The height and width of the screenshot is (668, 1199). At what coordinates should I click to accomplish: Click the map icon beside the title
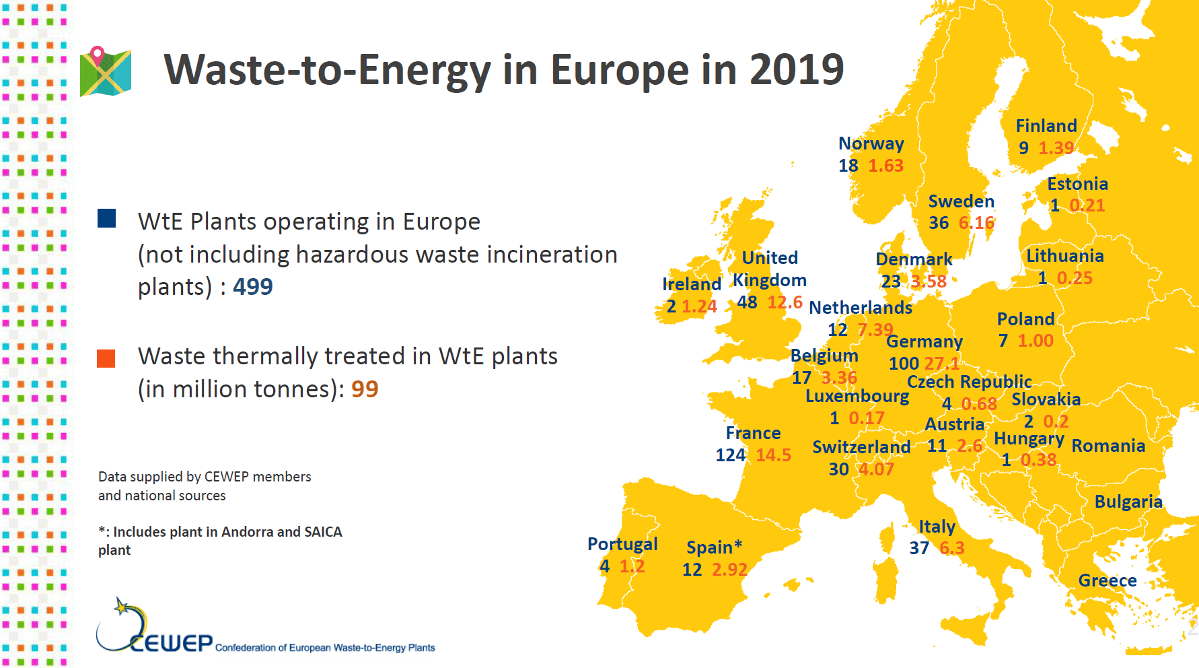click(x=106, y=72)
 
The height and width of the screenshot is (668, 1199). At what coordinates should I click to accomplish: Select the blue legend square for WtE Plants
click(x=107, y=218)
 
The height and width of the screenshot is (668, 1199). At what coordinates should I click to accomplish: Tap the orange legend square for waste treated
click(x=106, y=358)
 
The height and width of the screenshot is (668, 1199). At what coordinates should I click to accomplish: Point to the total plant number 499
click(x=252, y=287)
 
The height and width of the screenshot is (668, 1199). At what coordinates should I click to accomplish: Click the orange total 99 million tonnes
click(x=365, y=389)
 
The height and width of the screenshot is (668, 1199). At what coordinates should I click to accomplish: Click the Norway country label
click(x=871, y=143)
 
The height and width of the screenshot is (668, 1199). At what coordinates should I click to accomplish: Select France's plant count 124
click(x=730, y=455)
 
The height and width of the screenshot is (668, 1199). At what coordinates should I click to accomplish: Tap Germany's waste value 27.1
click(x=941, y=364)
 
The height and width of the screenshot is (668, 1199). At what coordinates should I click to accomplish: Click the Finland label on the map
click(x=1046, y=126)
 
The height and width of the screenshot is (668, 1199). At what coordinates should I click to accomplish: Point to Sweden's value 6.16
click(x=976, y=223)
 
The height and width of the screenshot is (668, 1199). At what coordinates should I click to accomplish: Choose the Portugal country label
click(x=622, y=544)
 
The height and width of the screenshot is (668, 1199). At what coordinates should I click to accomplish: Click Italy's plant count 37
click(x=919, y=548)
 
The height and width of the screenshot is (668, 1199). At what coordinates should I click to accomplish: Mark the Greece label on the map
click(x=1107, y=580)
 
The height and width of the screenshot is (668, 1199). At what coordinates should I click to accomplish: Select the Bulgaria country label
click(x=1128, y=502)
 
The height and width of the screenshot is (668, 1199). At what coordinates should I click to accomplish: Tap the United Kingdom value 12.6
click(x=785, y=302)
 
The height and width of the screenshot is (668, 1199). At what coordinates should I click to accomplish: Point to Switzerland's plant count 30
click(x=838, y=469)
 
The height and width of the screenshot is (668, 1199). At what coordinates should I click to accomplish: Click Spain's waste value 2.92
click(x=729, y=570)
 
